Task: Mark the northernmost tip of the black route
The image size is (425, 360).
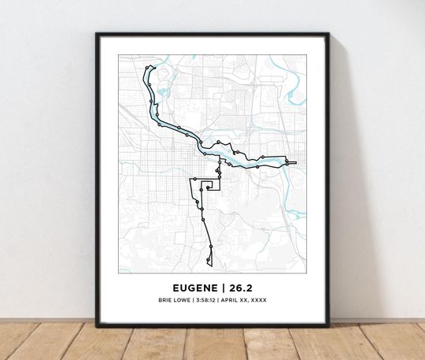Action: [150, 67]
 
